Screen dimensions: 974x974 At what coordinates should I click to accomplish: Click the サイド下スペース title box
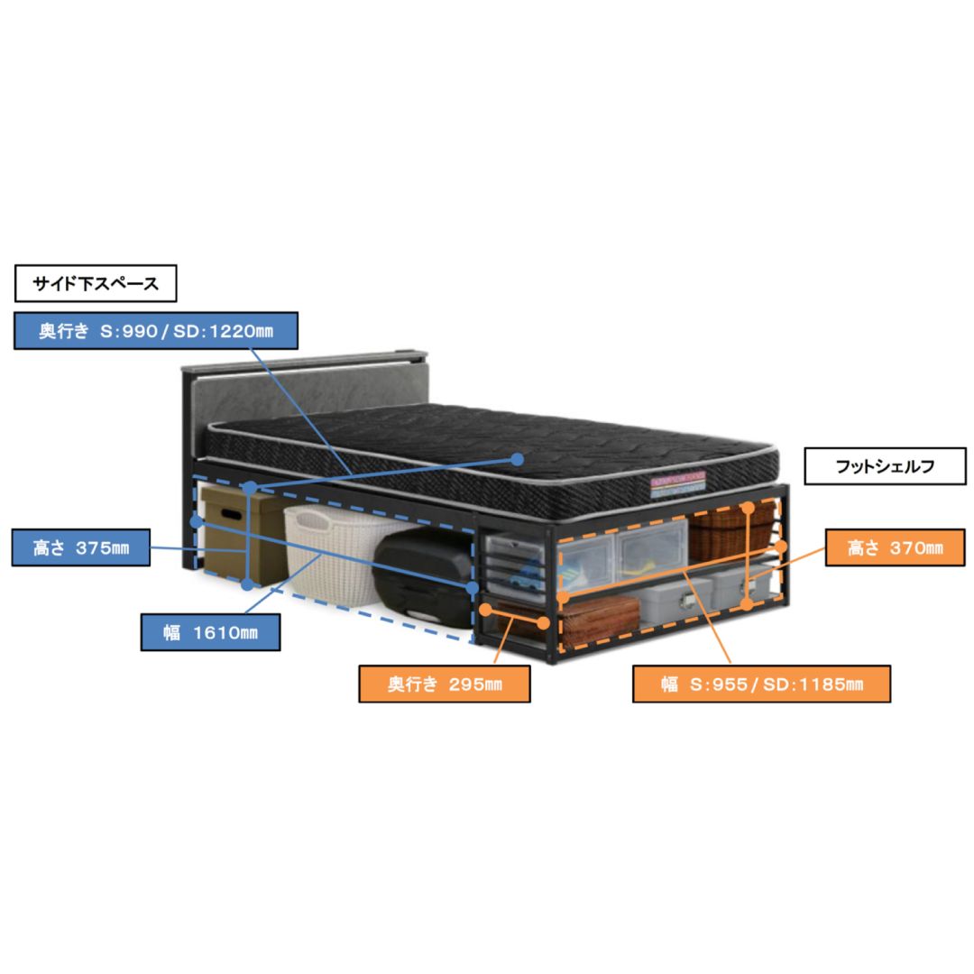tap(96, 283)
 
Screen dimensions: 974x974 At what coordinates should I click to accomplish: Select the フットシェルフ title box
tap(886, 466)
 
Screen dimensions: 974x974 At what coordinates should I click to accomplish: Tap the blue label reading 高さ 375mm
tap(81, 547)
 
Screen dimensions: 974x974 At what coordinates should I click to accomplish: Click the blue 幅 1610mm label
tap(210, 632)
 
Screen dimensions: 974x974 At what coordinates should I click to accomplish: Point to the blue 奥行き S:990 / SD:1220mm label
tap(156, 330)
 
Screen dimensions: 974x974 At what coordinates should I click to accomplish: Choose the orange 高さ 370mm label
tap(896, 547)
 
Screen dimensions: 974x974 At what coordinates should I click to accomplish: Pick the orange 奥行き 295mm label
tap(445, 684)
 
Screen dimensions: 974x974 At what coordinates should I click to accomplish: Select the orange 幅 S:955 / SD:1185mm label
tap(761, 684)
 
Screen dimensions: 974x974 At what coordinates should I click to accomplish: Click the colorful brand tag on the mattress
tap(677, 485)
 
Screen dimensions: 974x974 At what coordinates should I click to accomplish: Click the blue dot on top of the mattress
tap(518, 459)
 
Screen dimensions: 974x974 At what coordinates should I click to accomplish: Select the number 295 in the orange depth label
tap(466, 684)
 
